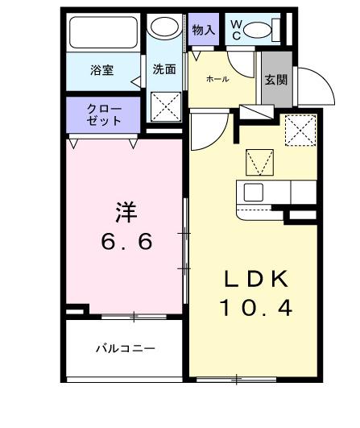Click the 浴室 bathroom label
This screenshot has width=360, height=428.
click(101, 70)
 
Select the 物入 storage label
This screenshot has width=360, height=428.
click(204, 31)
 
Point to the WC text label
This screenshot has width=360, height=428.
click(236, 30)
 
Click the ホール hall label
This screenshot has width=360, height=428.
click(217, 79)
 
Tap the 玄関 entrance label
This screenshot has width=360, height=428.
click(275, 81)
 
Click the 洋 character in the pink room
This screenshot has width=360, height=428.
click(125, 212)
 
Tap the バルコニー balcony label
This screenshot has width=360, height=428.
click(125, 349)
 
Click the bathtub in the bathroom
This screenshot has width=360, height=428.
click(104, 33)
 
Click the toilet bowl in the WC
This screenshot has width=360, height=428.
click(259, 31)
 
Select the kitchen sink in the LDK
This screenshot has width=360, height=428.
click(254, 193)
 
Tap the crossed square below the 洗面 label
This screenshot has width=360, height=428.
click(166, 106)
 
